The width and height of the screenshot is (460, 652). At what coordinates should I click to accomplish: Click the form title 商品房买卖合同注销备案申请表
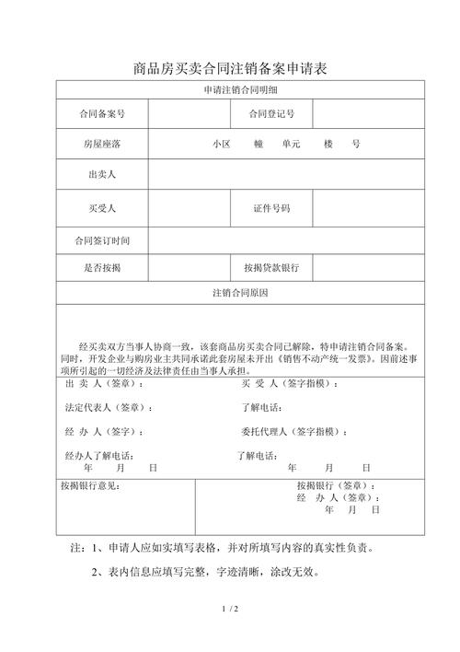click(230, 68)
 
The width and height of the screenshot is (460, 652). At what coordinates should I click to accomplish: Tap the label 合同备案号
click(101, 114)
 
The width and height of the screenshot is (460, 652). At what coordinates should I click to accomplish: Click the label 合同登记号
click(271, 114)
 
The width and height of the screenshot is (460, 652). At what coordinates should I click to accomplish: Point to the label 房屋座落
click(101, 145)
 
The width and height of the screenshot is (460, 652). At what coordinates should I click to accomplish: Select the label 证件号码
click(271, 208)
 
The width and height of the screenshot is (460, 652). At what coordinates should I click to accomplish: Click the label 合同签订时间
click(101, 240)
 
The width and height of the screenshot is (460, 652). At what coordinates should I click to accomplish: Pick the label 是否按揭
click(101, 267)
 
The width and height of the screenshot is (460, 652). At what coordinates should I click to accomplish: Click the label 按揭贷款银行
click(271, 267)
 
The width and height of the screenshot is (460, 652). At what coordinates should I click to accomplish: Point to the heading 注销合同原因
click(241, 293)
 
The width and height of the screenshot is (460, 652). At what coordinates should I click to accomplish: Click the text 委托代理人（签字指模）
click(294, 431)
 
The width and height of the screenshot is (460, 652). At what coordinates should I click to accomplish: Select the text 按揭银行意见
click(89, 485)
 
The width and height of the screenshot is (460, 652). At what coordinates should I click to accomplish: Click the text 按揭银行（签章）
click(336, 485)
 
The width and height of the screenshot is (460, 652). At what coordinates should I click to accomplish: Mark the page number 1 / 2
click(230, 610)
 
